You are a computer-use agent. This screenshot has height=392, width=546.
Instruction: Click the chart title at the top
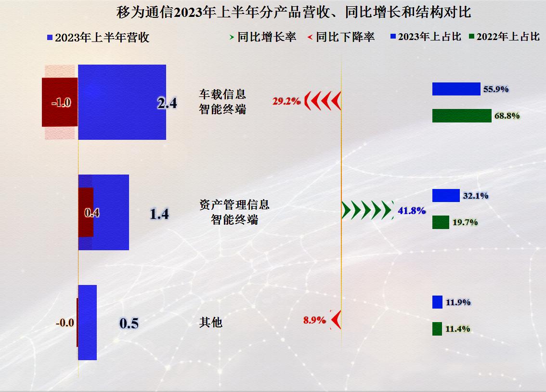(293, 12)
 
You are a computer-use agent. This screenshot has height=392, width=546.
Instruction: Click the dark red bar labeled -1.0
(60, 102)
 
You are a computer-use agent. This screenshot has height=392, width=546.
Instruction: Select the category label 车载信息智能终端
(222, 102)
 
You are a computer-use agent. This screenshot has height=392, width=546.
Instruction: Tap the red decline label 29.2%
(286, 101)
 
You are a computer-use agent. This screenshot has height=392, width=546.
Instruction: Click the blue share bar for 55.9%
(456, 89)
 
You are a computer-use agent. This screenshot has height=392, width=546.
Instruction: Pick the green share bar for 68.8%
(462, 116)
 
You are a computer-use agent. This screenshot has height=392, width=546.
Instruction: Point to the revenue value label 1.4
(159, 214)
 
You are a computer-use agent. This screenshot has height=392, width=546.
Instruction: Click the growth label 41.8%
(412, 211)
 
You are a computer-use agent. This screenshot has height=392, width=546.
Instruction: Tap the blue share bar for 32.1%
(446, 195)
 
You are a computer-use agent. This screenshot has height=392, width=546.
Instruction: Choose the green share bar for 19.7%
(441, 222)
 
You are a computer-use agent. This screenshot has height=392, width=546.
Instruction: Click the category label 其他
(211, 322)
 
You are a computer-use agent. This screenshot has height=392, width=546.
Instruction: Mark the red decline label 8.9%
(314, 320)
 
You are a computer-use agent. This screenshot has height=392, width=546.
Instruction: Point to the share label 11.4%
(458, 329)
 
